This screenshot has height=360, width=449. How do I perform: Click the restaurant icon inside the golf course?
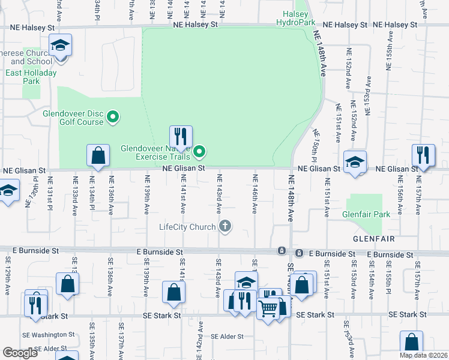[x=181, y=136]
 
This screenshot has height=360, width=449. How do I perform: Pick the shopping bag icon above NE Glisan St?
[x=98, y=155]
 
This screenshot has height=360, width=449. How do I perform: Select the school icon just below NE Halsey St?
[x=60, y=46]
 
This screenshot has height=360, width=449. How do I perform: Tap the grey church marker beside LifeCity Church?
[x=225, y=226]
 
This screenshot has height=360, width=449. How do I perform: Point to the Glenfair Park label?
[x=365, y=214]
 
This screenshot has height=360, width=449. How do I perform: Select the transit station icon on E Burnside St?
[x=281, y=250]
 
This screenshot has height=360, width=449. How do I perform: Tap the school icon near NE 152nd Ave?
[x=355, y=162]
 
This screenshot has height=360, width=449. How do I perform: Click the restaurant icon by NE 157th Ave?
[x=423, y=155]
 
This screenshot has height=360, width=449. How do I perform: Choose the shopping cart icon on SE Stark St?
[x=268, y=308]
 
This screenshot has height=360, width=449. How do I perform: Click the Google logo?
[x=20, y=353]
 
